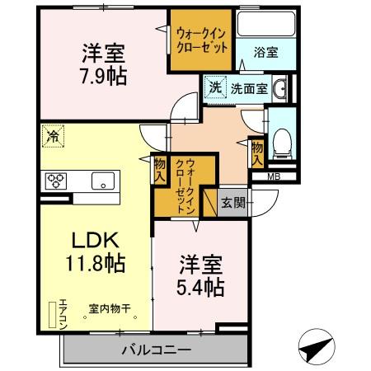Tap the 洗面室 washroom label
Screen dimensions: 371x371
[x=248, y=88]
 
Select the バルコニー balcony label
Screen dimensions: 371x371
[x=156, y=349]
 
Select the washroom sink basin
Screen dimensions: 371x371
[x=279, y=88]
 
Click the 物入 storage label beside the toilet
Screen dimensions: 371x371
[x=258, y=152]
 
